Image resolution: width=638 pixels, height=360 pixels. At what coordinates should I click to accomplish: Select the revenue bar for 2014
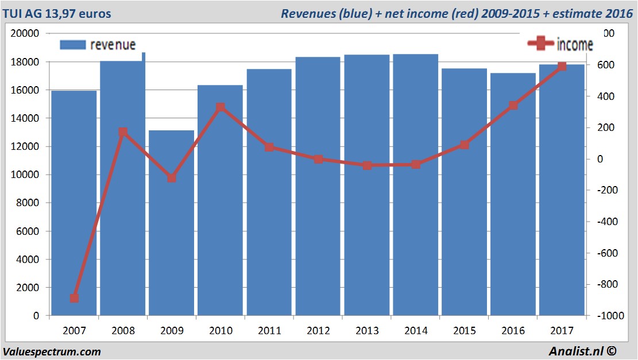(416, 184)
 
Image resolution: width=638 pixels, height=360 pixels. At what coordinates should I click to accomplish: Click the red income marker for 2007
(74, 298)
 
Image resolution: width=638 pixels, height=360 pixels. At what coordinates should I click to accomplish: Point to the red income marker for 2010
(221, 107)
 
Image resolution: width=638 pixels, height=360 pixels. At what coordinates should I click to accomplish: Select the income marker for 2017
(562, 67)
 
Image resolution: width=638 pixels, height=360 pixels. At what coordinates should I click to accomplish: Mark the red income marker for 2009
(172, 178)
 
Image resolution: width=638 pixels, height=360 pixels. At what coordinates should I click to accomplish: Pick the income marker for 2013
(367, 165)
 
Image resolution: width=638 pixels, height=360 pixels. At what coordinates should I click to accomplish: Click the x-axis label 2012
(318, 331)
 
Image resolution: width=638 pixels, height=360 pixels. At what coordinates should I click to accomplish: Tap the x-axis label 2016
(513, 331)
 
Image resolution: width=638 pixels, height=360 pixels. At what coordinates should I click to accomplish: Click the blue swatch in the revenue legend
(72, 45)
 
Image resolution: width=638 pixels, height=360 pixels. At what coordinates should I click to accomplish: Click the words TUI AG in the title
(25, 13)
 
